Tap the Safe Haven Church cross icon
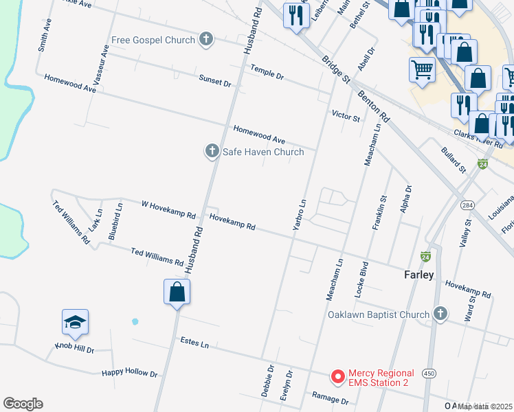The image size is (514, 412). [212, 151]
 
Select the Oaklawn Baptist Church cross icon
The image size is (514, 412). [440, 315]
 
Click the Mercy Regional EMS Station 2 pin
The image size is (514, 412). [337, 376]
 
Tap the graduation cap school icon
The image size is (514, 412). [76, 321]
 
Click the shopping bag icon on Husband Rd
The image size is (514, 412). [177, 292]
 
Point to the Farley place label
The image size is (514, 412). [418, 275]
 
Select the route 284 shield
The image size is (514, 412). [467, 206]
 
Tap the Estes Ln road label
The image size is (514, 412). [194, 341]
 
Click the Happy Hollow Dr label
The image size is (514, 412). [130, 372]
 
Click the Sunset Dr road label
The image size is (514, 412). [215, 81]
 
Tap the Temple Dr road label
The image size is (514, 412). [267, 71]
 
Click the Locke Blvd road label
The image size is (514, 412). [361, 279]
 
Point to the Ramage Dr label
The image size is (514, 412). [330, 398]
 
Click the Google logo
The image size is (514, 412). [23, 404]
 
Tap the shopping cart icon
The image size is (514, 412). [422, 69]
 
